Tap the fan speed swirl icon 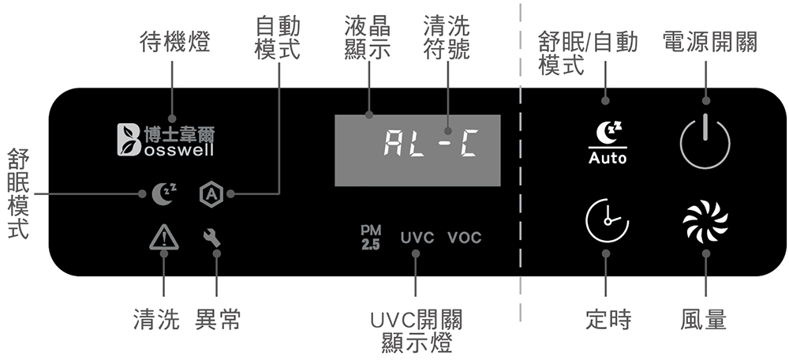click(x=705, y=221)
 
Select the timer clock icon click(x=607, y=221)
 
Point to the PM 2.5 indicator click(x=370, y=237)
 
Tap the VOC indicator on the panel click(x=464, y=238)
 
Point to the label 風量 click(x=704, y=320)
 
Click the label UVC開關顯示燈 click(x=416, y=331)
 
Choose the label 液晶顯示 click(x=368, y=37)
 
